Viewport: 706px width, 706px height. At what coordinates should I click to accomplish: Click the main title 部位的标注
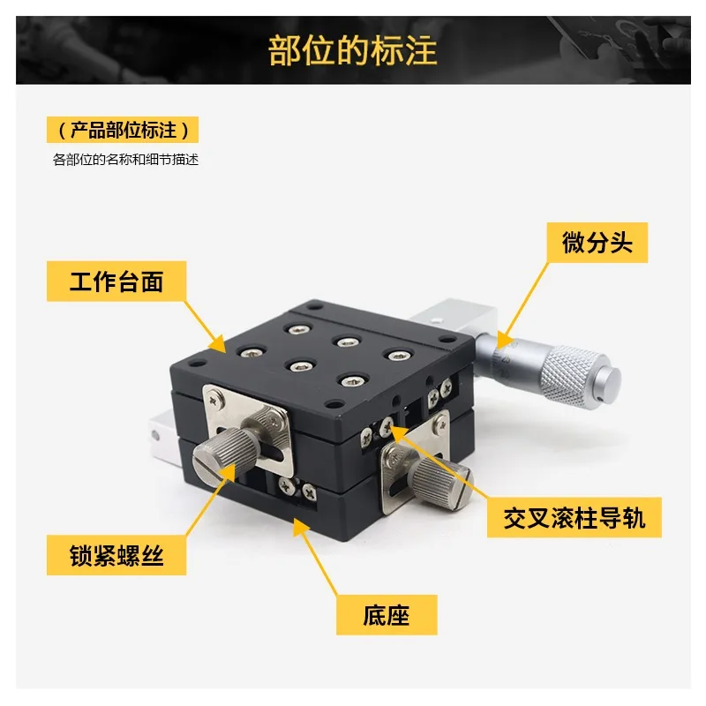click(x=352, y=50)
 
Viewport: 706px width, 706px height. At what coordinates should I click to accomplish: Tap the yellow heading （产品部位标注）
click(x=123, y=130)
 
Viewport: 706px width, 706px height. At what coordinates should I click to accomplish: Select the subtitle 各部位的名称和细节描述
click(x=125, y=160)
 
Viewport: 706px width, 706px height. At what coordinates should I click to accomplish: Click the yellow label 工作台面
click(x=116, y=281)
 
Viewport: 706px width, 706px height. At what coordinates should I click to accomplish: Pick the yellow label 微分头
click(x=597, y=242)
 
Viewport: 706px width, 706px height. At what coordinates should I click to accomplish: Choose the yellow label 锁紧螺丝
click(x=116, y=555)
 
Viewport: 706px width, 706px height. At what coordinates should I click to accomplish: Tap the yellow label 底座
click(x=387, y=614)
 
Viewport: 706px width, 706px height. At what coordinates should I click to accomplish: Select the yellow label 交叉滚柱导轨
click(x=575, y=517)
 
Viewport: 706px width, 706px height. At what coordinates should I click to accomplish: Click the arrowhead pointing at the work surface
click(x=218, y=344)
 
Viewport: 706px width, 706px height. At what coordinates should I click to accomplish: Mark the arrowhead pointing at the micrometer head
click(x=504, y=340)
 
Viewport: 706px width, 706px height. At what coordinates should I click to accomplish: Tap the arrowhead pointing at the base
click(x=301, y=527)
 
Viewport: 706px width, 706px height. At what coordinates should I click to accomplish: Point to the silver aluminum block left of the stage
click(x=163, y=437)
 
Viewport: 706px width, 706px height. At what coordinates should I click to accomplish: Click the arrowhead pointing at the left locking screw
click(x=228, y=473)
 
